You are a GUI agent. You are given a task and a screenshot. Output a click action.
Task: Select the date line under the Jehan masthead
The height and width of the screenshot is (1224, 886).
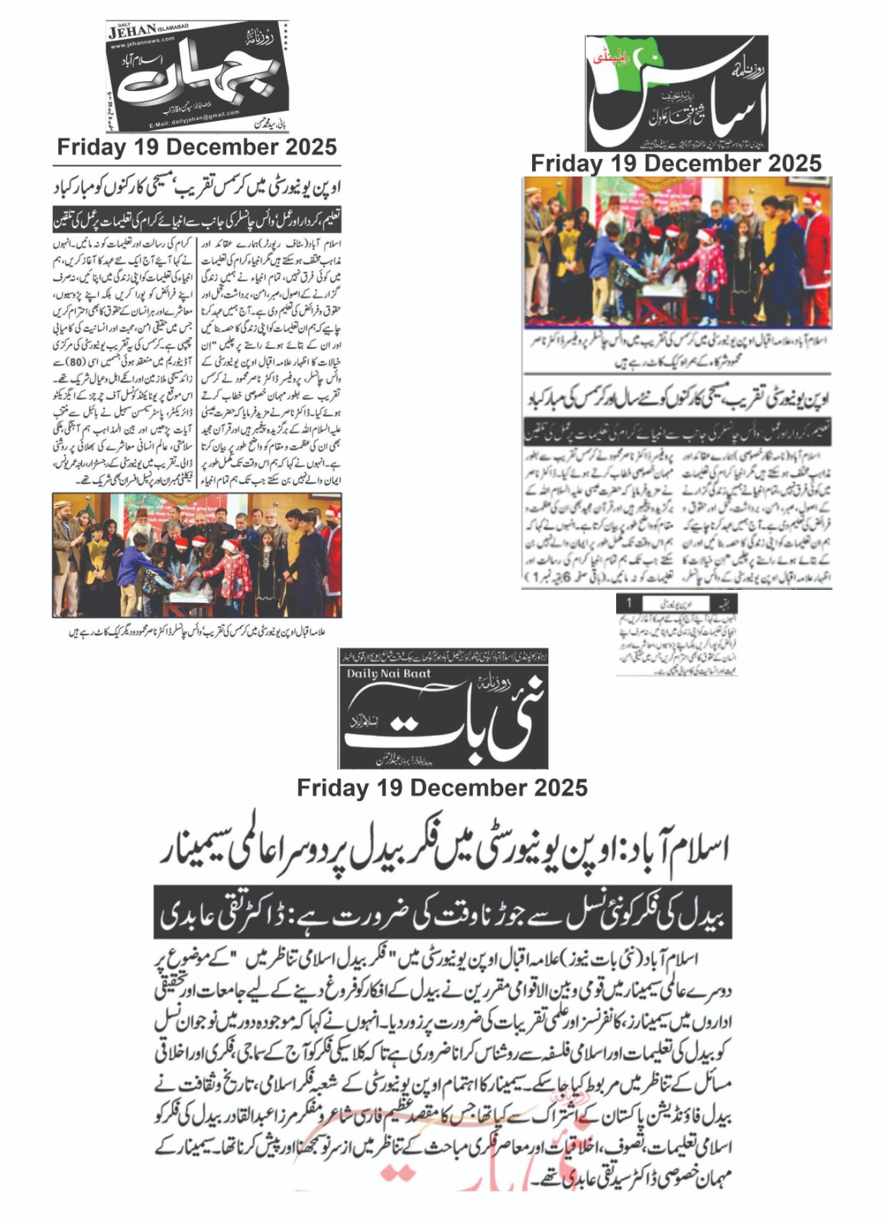(196, 147)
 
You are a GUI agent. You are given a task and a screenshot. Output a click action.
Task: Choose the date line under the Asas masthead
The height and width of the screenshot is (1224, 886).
(676, 163)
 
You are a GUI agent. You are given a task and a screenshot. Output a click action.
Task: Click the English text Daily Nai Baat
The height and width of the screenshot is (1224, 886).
(388, 673)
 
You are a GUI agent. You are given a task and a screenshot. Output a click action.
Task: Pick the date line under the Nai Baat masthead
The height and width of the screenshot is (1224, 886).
(442, 787)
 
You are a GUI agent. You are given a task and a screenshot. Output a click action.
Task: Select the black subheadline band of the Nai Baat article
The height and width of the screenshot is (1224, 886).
(442, 912)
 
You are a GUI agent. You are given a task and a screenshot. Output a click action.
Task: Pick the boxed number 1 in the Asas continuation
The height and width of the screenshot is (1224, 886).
(629, 603)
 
